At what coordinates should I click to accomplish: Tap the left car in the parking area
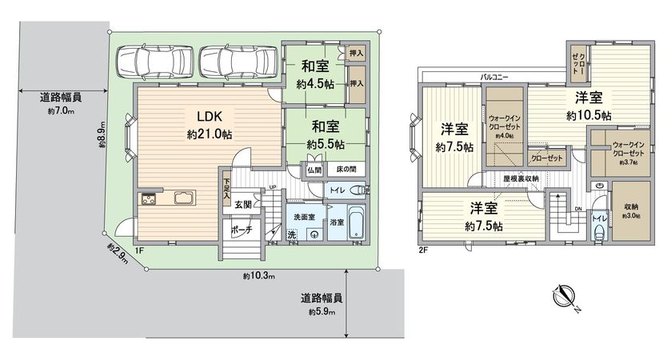coord(153,61)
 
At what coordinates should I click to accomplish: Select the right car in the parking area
coord(237,61)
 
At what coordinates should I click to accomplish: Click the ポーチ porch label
coord(242,229)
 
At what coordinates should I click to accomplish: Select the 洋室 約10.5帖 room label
coord(589,106)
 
